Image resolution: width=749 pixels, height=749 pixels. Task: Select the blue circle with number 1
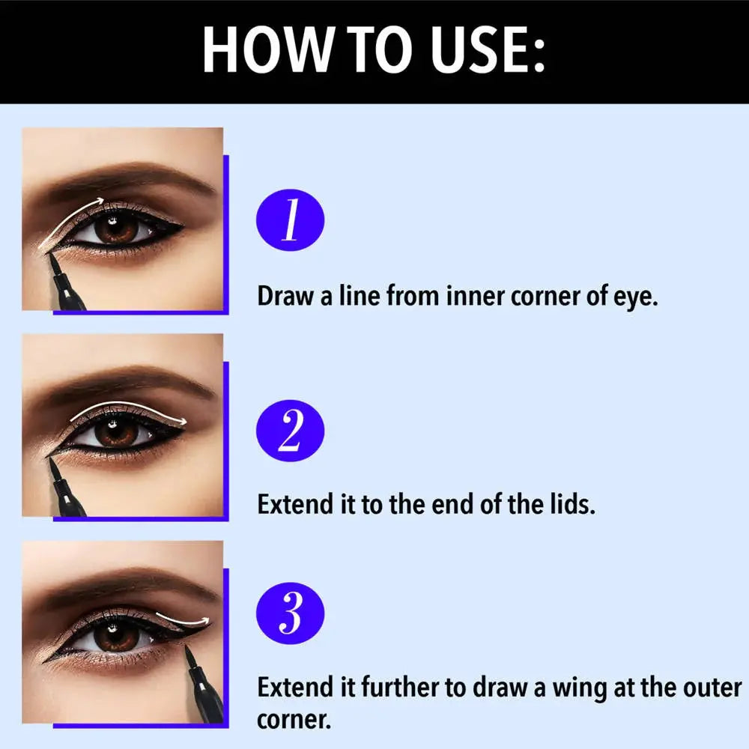pyautogui.click(x=291, y=222)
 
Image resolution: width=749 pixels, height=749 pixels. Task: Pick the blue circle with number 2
pyautogui.click(x=291, y=431)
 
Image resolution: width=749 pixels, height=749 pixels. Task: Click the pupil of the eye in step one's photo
pyautogui.click(x=114, y=229)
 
